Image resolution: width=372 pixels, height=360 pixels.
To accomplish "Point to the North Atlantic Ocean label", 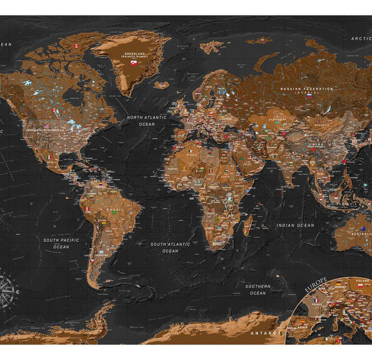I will click(x=146, y=121).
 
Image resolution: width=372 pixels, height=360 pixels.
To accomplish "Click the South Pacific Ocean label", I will click(x=61, y=243).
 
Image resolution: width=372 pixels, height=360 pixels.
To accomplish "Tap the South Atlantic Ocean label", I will click(x=170, y=247).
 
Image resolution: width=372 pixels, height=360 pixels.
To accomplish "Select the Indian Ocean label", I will click(x=295, y=226).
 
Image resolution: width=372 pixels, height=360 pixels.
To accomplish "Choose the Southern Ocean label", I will click(x=258, y=290).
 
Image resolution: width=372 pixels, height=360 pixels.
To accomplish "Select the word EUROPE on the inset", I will click(x=316, y=284).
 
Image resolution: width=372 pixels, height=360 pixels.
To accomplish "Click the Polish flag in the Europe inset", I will click(x=360, y=286).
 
